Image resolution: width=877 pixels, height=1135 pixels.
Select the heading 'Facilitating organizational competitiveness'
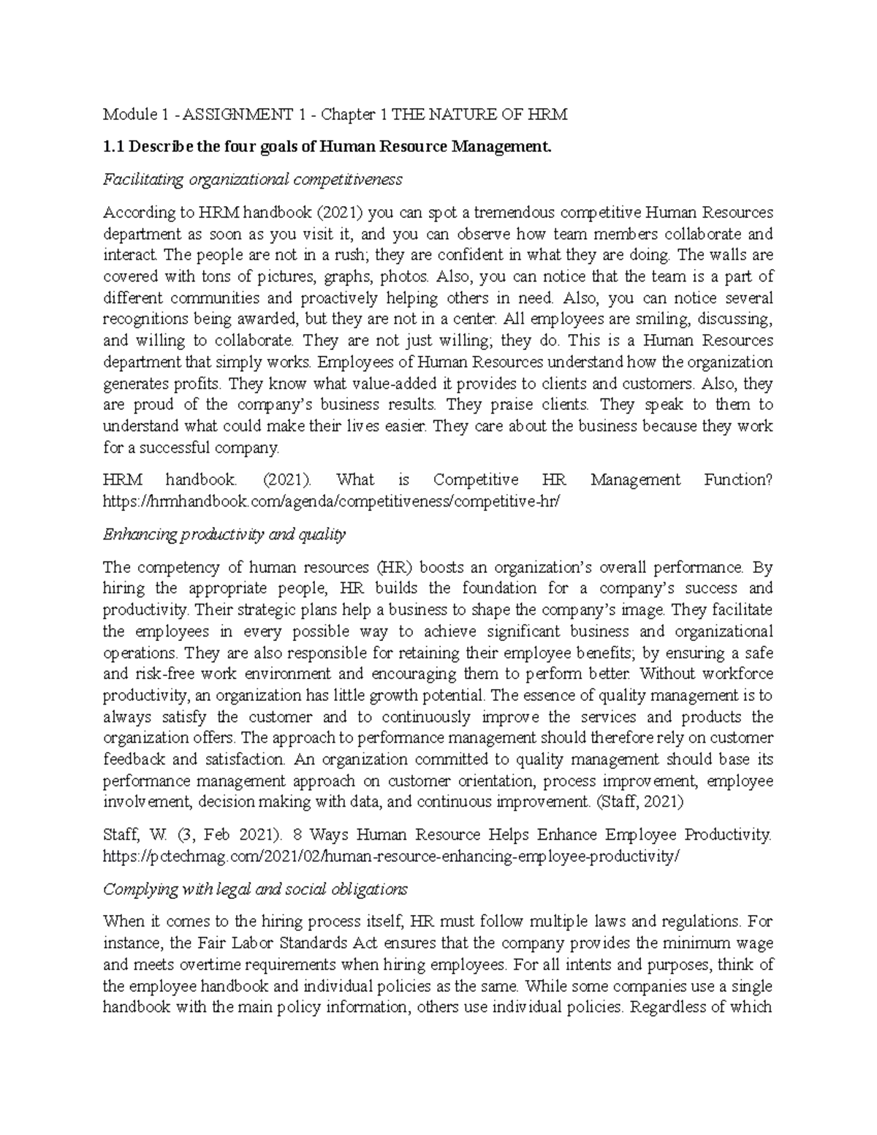[x=252, y=179]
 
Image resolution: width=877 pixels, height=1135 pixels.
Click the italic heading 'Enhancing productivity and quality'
[x=224, y=534]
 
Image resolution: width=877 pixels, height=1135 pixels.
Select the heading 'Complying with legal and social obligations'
[x=255, y=889]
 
